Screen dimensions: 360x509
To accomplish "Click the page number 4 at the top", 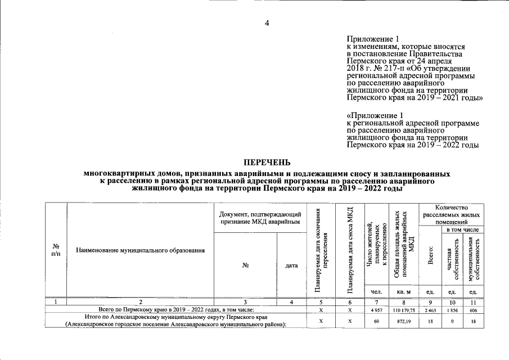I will click(x=267, y=22).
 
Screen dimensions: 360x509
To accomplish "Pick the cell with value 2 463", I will click(x=430, y=310).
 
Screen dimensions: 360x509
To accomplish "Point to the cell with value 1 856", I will click(x=451, y=310).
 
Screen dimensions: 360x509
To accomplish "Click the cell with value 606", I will click(x=473, y=310).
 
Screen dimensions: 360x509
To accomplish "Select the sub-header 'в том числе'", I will click(x=462, y=229).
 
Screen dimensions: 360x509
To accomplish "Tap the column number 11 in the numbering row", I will click(x=473, y=302).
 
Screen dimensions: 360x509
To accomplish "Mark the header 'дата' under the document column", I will click(x=291, y=265).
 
